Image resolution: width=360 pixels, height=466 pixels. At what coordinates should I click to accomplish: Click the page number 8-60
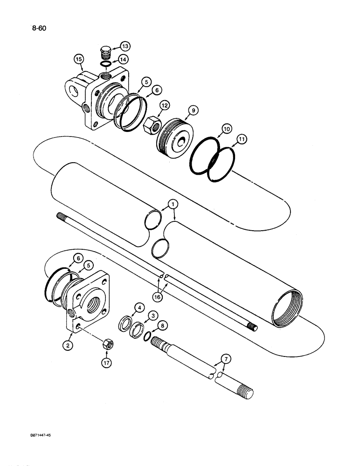39,27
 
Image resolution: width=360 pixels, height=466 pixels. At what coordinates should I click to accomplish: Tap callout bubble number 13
125,46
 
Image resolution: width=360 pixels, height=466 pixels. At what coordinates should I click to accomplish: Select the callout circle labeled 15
79,59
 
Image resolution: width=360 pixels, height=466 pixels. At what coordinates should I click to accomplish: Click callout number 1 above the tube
173,204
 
